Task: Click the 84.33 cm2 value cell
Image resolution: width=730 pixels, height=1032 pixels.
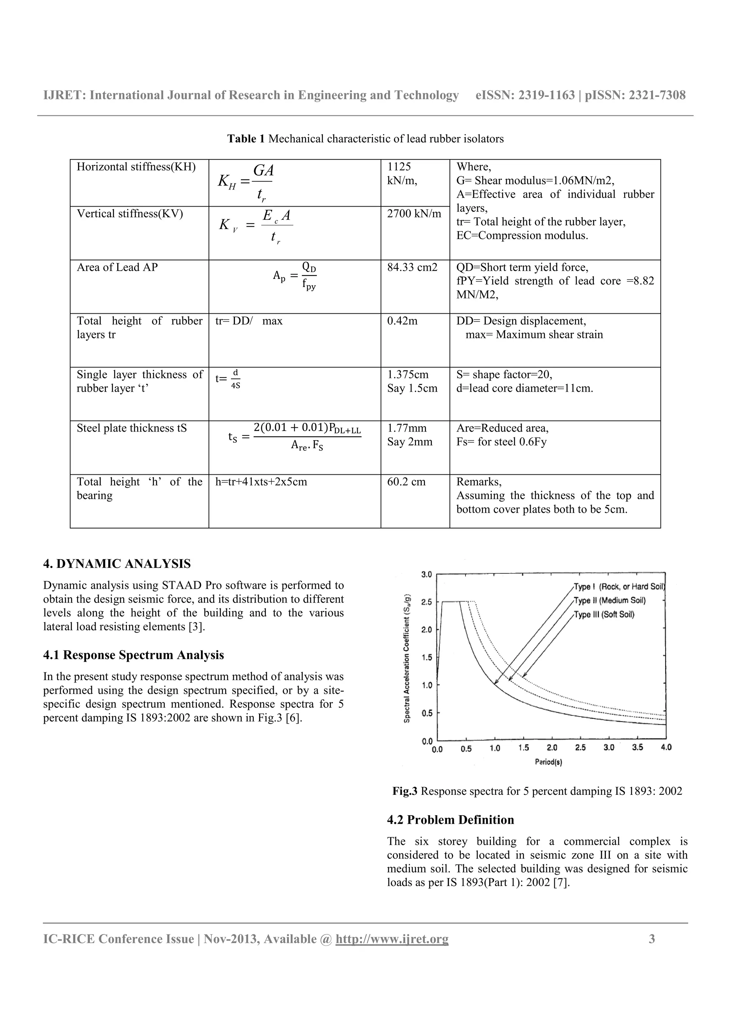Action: click(x=412, y=267)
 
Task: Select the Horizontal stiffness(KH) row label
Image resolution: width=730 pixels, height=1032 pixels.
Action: click(x=136, y=167)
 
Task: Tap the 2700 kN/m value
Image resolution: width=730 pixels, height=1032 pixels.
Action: click(x=414, y=214)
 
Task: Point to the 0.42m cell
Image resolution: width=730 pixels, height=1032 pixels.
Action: click(x=402, y=321)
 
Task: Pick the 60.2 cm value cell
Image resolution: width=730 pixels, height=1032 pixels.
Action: click(x=406, y=482)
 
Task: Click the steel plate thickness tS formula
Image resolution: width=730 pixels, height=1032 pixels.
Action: click(x=295, y=436)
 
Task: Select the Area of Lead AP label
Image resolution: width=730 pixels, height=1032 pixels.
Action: click(x=117, y=267)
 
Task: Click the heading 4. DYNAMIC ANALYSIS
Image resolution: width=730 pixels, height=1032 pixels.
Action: click(x=117, y=564)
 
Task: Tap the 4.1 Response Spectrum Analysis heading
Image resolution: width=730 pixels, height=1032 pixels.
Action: click(x=133, y=655)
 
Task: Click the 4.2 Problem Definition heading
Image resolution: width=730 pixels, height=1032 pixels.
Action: click(x=450, y=820)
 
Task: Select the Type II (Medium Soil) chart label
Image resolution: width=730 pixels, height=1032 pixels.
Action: click(x=610, y=600)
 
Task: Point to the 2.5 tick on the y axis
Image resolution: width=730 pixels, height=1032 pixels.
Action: click(x=426, y=602)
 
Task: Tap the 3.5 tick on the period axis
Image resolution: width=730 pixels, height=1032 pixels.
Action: click(x=637, y=747)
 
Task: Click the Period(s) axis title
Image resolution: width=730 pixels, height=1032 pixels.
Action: click(x=548, y=762)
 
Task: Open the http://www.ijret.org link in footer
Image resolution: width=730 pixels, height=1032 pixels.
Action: click(x=392, y=939)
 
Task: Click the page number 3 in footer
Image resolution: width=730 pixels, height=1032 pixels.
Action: click(x=652, y=939)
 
